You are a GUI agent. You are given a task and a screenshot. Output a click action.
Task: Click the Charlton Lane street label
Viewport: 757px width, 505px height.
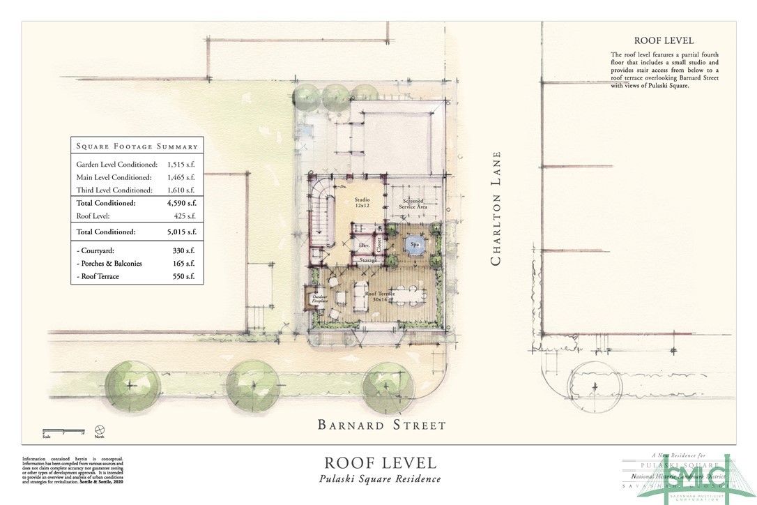496,209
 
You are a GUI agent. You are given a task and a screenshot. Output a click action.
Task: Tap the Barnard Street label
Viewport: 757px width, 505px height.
381,424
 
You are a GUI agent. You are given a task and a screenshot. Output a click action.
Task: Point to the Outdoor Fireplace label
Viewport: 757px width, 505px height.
319,301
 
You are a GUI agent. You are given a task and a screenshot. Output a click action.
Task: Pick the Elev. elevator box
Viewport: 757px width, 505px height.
363,246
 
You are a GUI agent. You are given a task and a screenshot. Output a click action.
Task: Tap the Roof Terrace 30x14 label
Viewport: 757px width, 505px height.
381,296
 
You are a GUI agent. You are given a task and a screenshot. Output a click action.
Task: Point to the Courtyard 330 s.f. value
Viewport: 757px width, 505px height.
183,250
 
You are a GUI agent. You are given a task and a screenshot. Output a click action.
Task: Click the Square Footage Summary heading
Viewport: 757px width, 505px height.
137,146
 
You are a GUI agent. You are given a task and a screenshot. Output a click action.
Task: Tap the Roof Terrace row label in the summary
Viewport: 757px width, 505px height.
98,277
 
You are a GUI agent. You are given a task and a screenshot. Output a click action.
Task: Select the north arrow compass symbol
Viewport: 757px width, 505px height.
100,430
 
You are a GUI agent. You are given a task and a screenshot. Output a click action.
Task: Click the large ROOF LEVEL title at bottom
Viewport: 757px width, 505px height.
380,462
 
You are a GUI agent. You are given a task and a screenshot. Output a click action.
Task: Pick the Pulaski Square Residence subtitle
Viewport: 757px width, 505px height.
380,478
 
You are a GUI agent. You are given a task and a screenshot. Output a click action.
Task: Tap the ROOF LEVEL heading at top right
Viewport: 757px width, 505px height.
664,41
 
